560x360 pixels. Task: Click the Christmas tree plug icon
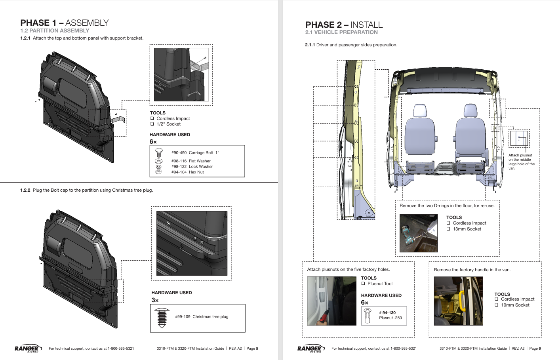pos(162,318)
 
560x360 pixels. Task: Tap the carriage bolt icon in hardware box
pos(159,152)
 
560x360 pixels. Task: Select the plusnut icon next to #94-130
pos(368,315)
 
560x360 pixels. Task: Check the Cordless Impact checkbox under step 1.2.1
pos(152,118)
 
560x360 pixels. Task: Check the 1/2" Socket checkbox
pos(152,124)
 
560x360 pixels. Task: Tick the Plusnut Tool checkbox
pos(363,284)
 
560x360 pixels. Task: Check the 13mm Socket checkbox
pos(448,229)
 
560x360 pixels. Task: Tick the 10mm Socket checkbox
pos(497,305)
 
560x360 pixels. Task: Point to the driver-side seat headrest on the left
pos(420,111)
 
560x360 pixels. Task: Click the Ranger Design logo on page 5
pos(27,349)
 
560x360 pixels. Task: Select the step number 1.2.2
pos(25,190)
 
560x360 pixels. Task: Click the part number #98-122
pos(179,167)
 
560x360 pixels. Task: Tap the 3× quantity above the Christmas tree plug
pos(155,300)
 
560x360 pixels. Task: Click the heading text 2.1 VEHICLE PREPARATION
pos(341,32)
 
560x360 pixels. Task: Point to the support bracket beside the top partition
pos(119,119)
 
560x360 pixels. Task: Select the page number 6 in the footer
pos(539,349)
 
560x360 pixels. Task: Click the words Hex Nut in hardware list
pos(196,172)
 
